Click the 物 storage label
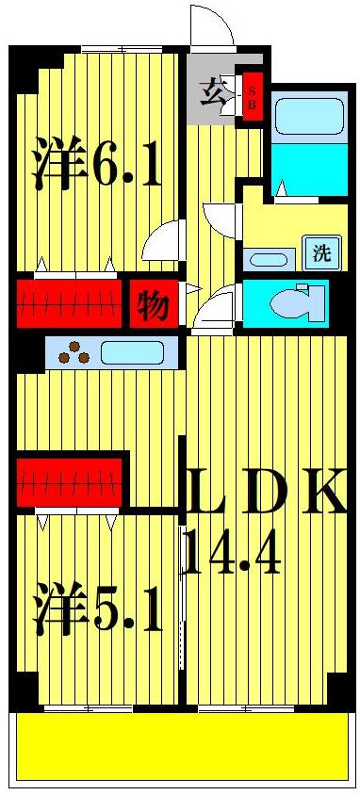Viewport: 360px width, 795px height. coord(152,304)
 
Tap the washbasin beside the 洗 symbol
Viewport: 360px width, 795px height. coord(269,258)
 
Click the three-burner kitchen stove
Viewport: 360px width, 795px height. coord(74,355)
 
